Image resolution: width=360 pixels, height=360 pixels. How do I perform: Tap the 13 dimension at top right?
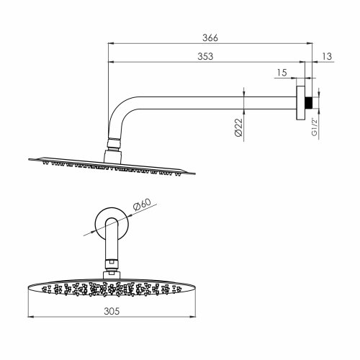pos(328,55)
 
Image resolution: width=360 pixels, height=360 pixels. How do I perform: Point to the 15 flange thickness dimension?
pos(282,73)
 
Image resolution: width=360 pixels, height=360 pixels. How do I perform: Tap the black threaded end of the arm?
pos(309,102)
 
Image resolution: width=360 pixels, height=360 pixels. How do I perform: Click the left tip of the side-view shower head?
pos(27,159)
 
